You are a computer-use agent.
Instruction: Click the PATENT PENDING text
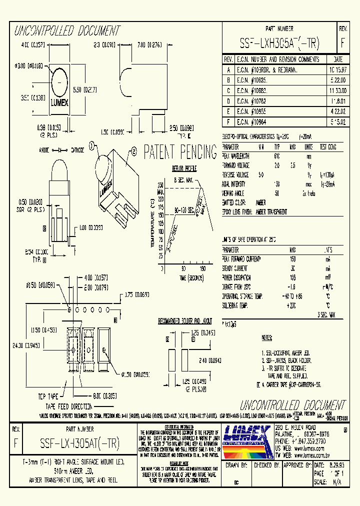[180, 151]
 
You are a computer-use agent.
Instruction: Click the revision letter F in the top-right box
[342, 42]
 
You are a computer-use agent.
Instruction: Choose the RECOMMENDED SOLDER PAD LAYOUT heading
[185, 320]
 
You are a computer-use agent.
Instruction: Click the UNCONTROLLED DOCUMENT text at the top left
[65, 31]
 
